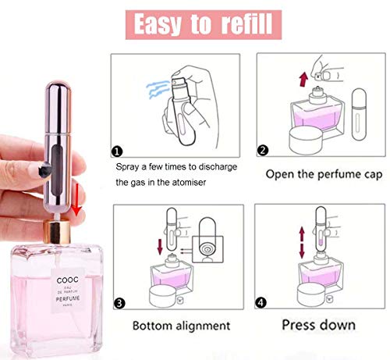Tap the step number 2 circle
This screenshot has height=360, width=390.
coord(262,150)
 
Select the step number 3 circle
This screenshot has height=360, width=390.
coord(118,301)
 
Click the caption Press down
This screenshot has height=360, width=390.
coord(319,323)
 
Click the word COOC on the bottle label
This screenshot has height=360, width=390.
coord(65,282)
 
